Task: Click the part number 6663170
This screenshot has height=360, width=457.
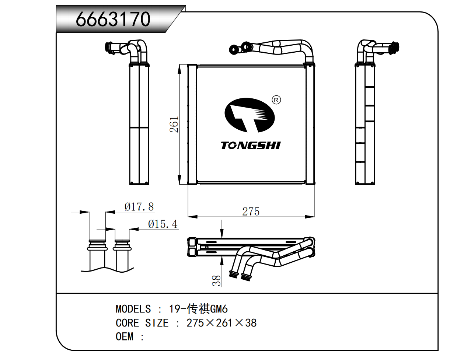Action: click(113, 19)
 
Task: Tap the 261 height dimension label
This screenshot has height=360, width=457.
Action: click(174, 125)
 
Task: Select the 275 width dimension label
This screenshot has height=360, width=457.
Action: click(251, 212)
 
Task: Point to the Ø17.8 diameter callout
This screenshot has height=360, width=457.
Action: click(139, 207)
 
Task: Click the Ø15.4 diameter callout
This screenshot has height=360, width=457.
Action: click(163, 224)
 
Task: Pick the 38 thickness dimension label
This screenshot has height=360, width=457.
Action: click(217, 280)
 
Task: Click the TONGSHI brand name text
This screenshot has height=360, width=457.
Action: click(251, 146)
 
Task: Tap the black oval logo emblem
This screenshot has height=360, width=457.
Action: click(250, 115)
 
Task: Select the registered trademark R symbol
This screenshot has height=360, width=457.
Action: click(276, 100)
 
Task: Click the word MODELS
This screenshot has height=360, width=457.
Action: click(133, 309)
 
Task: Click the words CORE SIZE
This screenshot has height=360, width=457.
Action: click(142, 323)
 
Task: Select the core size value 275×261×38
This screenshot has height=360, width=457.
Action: click(221, 323)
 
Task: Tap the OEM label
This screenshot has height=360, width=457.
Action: click(124, 337)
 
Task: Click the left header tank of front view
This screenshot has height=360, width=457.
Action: click(192, 125)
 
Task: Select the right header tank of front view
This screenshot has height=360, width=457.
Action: click(310, 125)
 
